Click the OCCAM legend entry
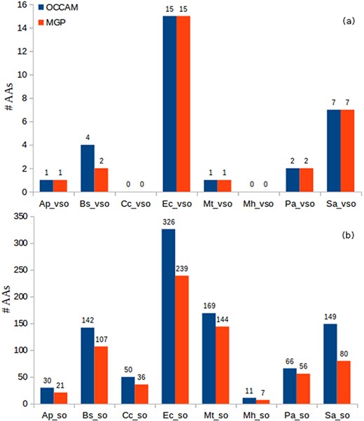point(62,8)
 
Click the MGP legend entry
point(57,23)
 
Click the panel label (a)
point(345,22)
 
